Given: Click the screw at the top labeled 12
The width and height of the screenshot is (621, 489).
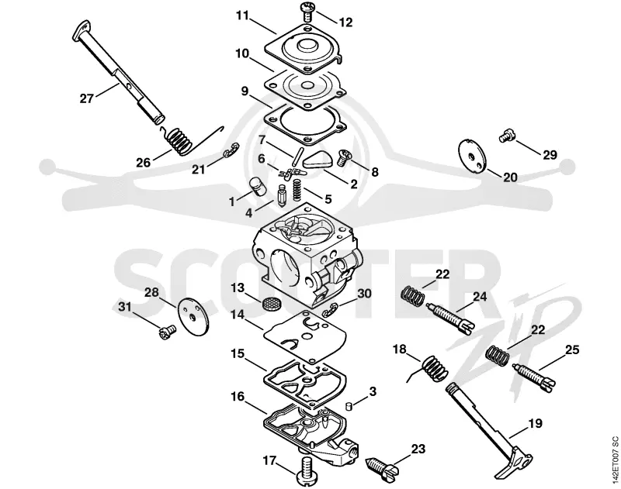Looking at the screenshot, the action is (307, 12).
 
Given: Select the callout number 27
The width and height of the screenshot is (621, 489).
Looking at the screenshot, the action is (86, 98).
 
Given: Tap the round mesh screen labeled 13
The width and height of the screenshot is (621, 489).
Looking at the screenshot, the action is (269, 304).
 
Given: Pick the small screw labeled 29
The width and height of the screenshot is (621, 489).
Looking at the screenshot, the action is (506, 135).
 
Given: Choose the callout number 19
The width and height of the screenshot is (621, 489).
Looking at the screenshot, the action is (535, 423).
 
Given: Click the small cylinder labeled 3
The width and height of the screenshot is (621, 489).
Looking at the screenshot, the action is (348, 405).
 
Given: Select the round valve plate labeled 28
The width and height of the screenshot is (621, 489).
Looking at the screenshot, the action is (194, 317).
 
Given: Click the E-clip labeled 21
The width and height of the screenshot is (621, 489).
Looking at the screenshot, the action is (231, 150).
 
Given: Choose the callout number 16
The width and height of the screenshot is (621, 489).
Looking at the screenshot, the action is (238, 396).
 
